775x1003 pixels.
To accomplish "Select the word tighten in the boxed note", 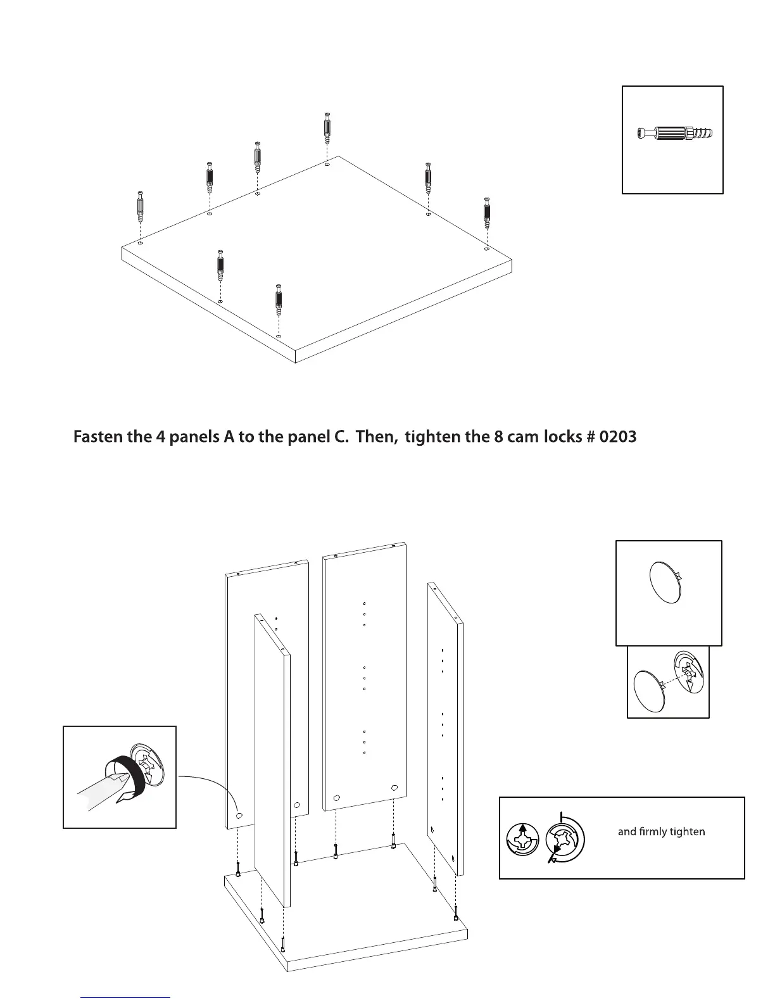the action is (x=686, y=831).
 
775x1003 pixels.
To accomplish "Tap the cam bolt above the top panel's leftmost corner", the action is (x=140, y=206).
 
